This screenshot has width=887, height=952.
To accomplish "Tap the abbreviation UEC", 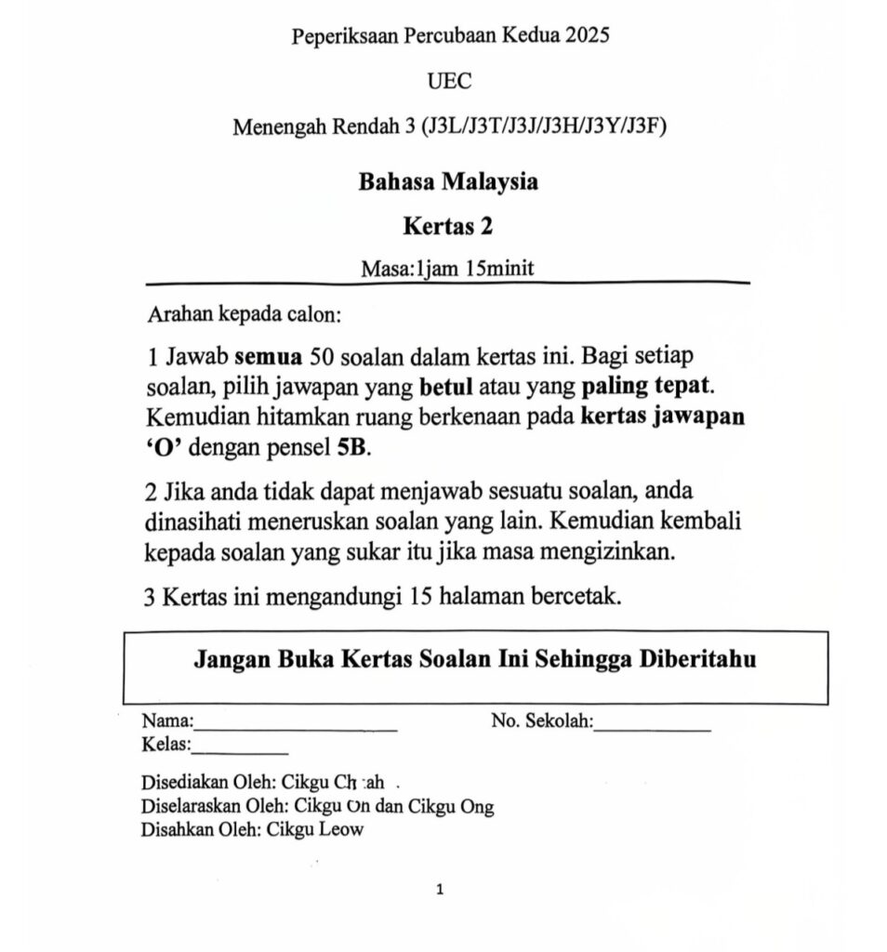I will point(449,81).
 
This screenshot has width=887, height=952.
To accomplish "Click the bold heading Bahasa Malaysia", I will point(448,181).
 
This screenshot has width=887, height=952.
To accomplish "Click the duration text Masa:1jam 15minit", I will point(448,268).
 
